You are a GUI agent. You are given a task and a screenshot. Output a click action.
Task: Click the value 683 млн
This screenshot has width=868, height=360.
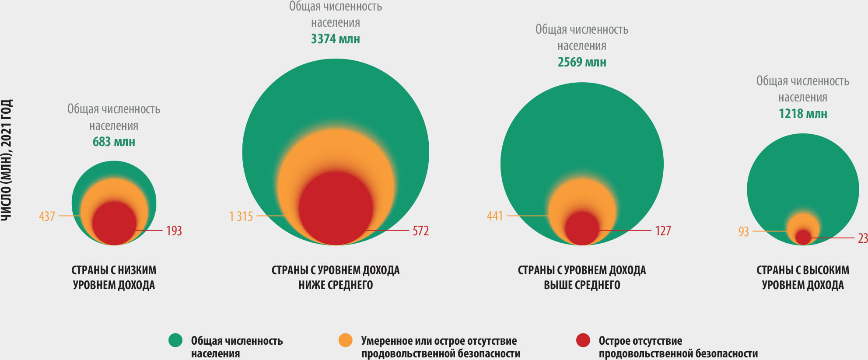(x=114, y=142)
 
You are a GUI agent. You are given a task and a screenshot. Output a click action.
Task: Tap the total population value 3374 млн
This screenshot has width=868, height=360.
(x=335, y=39)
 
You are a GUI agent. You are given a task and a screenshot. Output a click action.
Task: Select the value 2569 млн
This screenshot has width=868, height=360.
(x=581, y=62)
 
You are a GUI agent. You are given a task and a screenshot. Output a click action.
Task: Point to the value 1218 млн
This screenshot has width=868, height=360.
(x=802, y=114)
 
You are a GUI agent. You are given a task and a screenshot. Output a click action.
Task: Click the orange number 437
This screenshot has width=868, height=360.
(x=47, y=216)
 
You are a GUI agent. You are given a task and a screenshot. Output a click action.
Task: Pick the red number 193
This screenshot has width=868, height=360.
(x=174, y=231)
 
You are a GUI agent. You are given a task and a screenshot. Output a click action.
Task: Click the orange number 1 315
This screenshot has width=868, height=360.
(x=241, y=216)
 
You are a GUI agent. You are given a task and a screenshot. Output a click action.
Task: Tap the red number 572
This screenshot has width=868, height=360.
(x=420, y=231)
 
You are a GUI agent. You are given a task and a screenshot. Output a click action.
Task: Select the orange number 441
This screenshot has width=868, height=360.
(x=495, y=216)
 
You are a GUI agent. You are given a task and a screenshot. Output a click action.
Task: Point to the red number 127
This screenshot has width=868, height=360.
(x=663, y=231)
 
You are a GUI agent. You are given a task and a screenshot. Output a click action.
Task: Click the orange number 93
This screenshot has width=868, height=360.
(x=744, y=231)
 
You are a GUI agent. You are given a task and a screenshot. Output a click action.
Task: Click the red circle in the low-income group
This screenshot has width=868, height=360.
(x=114, y=223)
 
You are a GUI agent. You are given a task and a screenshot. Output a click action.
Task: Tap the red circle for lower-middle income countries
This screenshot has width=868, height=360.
(x=336, y=208)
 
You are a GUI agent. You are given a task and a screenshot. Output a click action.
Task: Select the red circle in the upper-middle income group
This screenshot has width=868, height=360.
(x=582, y=228)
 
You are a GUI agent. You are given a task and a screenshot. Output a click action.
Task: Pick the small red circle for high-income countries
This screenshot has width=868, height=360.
(x=803, y=237)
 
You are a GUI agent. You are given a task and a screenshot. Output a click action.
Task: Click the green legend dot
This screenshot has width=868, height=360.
(x=175, y=340)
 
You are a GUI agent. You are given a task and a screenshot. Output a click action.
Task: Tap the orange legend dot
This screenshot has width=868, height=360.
(x=346, y=340)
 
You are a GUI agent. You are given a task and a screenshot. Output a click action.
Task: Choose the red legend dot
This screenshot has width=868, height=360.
(x=583, y=340)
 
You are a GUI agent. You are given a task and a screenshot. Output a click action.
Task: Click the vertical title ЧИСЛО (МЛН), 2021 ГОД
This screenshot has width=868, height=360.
(x=7, y=160)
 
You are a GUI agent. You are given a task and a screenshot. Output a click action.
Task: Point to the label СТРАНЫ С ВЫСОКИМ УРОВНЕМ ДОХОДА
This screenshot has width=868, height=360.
(x=802, y=277)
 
